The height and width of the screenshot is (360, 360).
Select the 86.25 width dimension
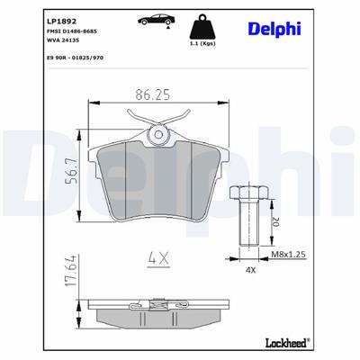(x=158, y=94)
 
